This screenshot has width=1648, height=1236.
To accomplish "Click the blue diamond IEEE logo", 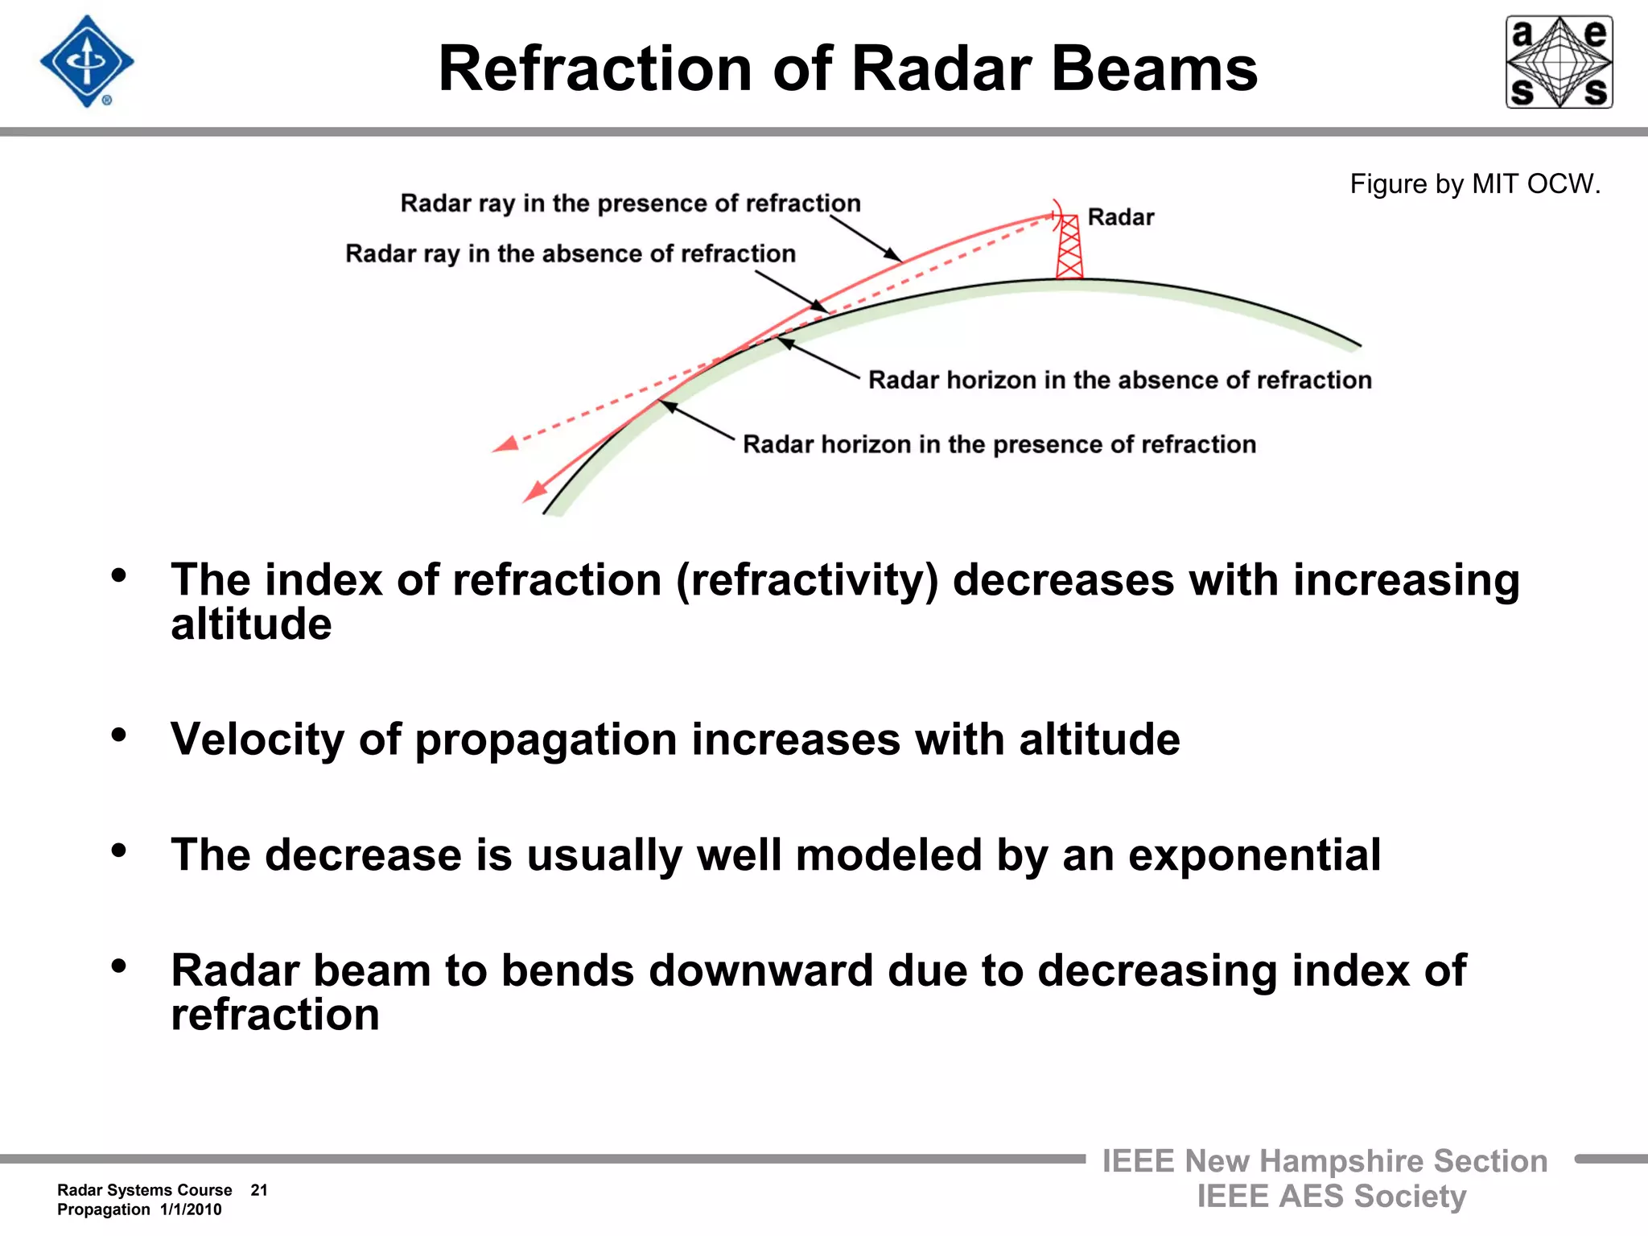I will pos(87,62).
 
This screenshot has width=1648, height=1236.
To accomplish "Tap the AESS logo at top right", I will pos(1559,62).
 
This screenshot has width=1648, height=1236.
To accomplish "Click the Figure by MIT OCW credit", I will pos(1474,184).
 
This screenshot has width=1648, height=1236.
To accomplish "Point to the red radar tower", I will pos(1069,248).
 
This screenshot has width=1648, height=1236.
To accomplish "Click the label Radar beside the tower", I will pos(1120,217).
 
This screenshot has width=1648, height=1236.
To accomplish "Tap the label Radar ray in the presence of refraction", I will pos(630,204).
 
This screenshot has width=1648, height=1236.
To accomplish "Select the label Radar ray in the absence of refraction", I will pos(570,254).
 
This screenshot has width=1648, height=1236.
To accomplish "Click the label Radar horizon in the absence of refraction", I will pos(1119,380).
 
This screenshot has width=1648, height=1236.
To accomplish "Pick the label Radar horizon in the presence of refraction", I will pos(999,444).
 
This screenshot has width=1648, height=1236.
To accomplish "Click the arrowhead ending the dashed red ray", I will pos(505,444).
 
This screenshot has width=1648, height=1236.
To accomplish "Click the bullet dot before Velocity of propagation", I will pos(119,734).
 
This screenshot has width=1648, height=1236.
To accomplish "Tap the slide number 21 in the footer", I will pos(258,1190).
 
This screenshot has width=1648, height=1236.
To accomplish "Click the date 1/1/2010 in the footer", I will pos(191,1209).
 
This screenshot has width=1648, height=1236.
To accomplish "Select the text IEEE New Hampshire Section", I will pos(1325,1161).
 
